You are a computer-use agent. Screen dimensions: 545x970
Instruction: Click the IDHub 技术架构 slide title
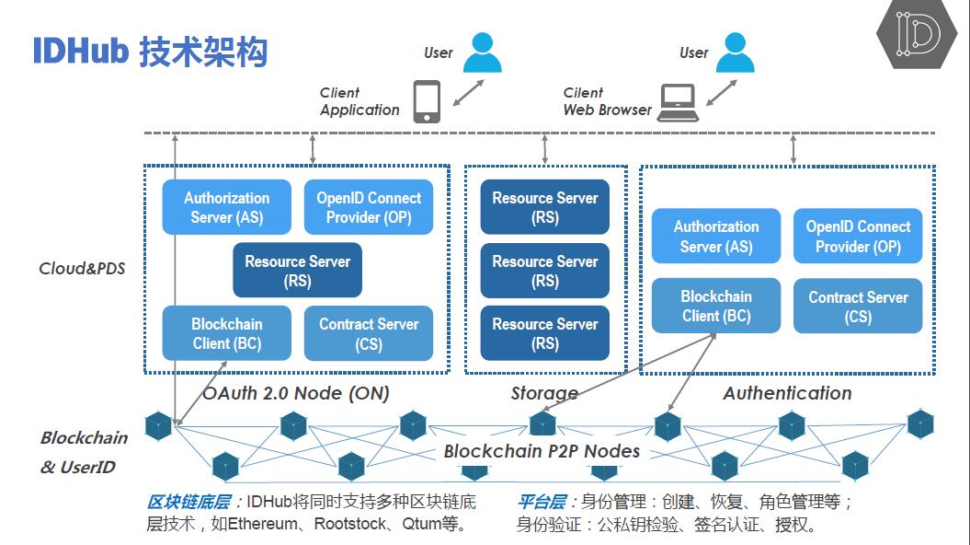tap(150, 52)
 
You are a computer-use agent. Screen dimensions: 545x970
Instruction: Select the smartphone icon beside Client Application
tap(427, 101)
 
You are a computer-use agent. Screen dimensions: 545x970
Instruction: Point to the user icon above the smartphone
tap(482, 52)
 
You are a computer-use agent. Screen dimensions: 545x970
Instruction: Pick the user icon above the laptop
tap(735, 52)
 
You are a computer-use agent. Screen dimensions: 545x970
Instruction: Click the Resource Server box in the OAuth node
tap(297, 271)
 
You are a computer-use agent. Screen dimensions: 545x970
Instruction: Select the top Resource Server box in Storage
tap(545, 207)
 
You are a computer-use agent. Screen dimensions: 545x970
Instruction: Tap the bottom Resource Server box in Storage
tap(545, 333)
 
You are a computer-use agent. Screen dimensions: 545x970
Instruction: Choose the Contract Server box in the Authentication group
tap(858, 306)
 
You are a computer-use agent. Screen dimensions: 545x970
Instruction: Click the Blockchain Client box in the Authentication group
tap(716, 306)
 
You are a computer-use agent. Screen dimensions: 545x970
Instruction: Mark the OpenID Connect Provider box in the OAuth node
tap(369, 207)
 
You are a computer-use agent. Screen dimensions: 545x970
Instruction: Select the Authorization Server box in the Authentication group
tap(716, 236)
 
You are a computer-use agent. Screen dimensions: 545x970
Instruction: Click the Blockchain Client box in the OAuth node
tap(227, 333)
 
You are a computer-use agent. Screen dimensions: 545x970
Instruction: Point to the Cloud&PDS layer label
tap(82, 269)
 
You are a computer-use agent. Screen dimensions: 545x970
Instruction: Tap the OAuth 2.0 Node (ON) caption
tap(296, 393)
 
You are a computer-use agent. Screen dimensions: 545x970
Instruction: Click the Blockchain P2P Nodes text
tap(542, 451)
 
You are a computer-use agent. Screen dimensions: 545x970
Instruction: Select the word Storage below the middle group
tap(544, 394)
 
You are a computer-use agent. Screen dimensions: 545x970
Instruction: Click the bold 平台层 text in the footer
tap(542, 503)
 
